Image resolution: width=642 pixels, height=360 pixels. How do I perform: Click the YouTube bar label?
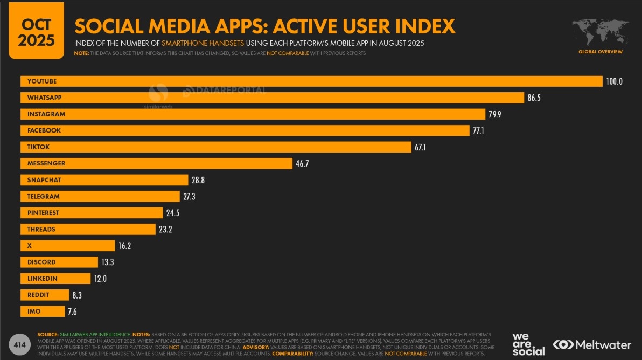[x=42, y=81]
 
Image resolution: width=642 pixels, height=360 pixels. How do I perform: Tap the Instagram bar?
[x=253, y=114]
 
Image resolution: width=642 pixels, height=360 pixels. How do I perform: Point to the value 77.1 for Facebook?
[x=479, y=130]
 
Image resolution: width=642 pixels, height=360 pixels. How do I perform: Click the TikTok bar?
[x=216, y=147]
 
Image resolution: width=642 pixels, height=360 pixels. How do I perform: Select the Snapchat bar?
[x=104, y=180]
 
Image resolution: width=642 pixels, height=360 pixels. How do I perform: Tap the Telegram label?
[x=44, y=197]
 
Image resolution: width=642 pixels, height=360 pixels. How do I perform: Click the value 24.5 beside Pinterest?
[x=172, y=213]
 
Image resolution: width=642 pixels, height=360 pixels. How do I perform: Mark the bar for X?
[x=68, y=246]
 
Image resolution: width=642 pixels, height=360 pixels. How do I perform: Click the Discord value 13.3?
[x=107, y=262]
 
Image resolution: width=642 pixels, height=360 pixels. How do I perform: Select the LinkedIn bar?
[x=55, y=279]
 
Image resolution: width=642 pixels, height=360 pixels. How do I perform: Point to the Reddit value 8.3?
[x=76, y=295]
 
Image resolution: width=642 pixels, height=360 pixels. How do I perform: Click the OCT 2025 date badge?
[x=37, y=31]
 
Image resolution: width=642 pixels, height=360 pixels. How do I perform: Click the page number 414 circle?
[x=20, y=344]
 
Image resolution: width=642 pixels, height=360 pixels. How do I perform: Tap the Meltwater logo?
[x=592, y=344]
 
